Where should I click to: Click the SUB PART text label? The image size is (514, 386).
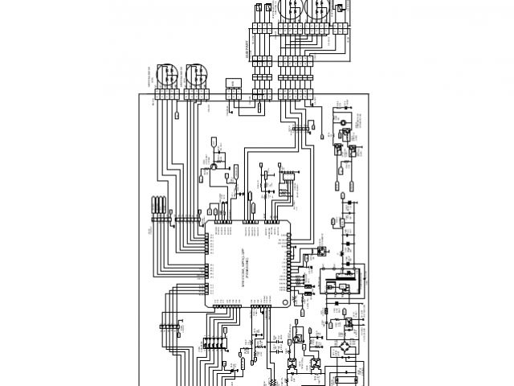[x=246, y=50]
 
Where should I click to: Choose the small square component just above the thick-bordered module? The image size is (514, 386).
[x=320, y=251]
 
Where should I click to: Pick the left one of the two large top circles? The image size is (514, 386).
[x=288, y=10]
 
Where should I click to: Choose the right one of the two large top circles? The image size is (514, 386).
[x=317, y=10]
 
